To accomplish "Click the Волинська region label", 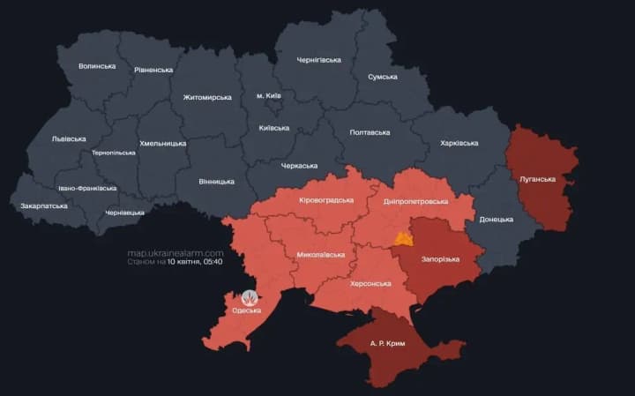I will point(96,66).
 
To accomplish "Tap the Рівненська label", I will point(153,69).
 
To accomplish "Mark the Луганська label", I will point(537,179).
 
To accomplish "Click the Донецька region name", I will point(495,219).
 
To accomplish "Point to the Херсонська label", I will point(370,283).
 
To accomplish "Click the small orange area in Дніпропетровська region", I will point(404,239).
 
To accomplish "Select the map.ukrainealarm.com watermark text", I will point(176,252).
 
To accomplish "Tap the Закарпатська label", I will point(44,205).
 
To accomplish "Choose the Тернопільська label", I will point(114,153).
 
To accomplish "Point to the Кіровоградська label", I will point(326,200).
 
